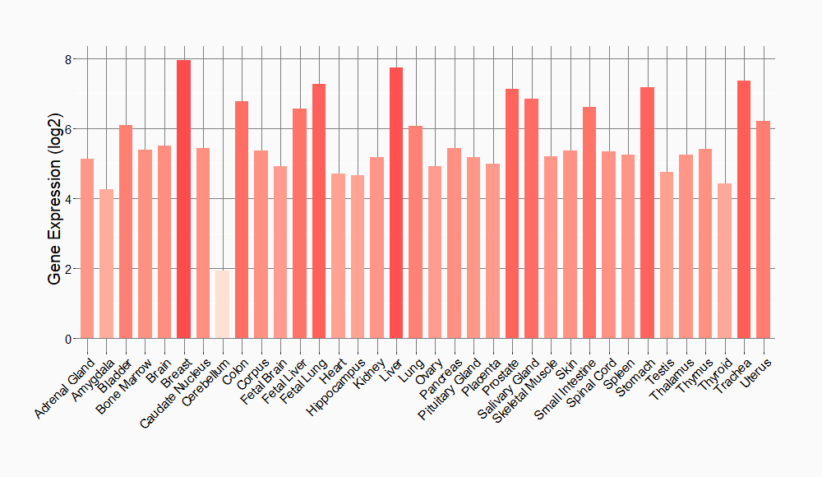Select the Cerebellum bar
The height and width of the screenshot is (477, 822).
(x=222, y=304)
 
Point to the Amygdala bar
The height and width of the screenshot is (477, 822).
(x=106, y=263)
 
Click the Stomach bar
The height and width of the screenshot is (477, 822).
(x=647, y=213)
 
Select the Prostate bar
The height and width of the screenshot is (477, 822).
(x=512, y=214)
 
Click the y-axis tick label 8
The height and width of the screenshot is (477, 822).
(x=70, y=59)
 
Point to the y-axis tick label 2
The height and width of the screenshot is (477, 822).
(x=70, y=269)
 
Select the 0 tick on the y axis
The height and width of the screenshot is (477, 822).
(x=70, y=339)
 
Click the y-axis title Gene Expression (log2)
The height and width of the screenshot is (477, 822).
(x=54, y=199)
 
